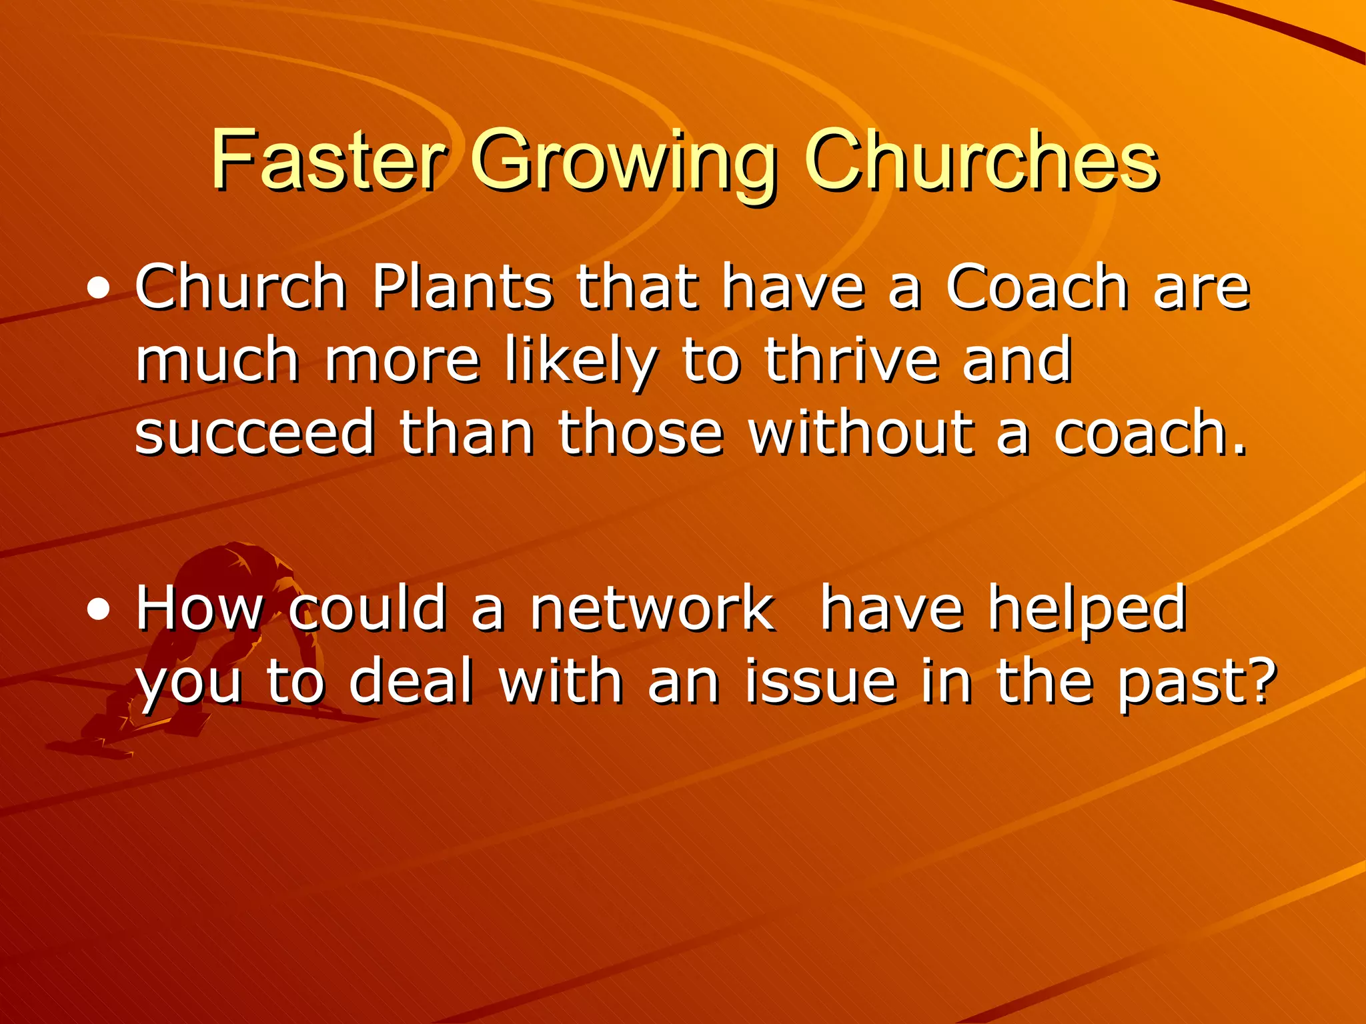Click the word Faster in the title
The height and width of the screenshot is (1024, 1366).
pyautogui.click(x=327, y=160)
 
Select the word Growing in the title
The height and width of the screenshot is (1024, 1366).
pyautogui.click(x=624, y=163)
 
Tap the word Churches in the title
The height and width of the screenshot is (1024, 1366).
pyautogui.click(x=981, y=160)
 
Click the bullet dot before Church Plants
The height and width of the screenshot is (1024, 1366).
pyautogui.click(x=99, y=289)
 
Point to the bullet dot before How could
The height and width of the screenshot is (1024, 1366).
pyautogui.click(x=99, y=609)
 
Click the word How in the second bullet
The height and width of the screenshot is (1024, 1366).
pyautogui.click(x=199, y=608)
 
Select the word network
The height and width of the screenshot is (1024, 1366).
pyautogui.click(x=652, y=608)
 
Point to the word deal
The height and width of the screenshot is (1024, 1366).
pyautogui.click(x=410, y=681)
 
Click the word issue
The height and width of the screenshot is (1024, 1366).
pyautogui.click(x=820, y=681)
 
